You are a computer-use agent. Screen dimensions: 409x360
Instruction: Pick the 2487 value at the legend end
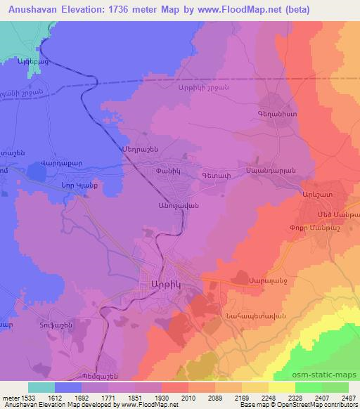346,397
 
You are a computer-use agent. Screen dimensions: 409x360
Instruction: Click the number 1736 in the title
129,9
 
